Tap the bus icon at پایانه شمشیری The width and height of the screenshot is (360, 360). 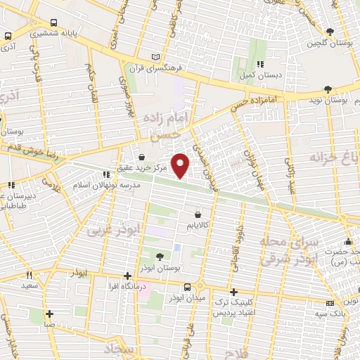click(8, 37)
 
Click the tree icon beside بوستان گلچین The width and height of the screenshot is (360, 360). click(329, 31)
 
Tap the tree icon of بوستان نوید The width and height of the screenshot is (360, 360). click(328, 89)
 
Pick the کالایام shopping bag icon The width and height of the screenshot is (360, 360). click(198, 214)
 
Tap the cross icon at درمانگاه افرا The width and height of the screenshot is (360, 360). click(127, 276)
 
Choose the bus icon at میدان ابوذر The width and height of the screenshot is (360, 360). click(186, 287)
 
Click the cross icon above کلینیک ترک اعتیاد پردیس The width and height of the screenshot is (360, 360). click(234, 291)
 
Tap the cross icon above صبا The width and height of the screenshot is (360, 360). click(49, 314)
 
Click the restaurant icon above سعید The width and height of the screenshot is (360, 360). click(29, 275)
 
